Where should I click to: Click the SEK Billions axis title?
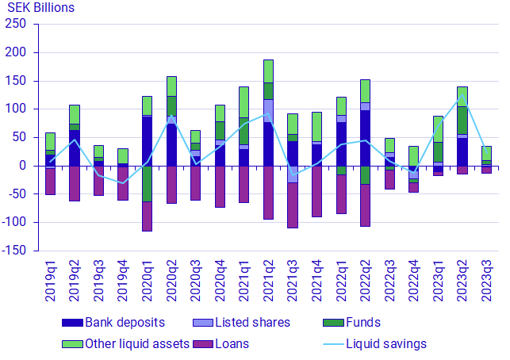[40, 8]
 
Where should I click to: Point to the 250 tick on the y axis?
[17, 25]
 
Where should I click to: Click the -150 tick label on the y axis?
[14, 251]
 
